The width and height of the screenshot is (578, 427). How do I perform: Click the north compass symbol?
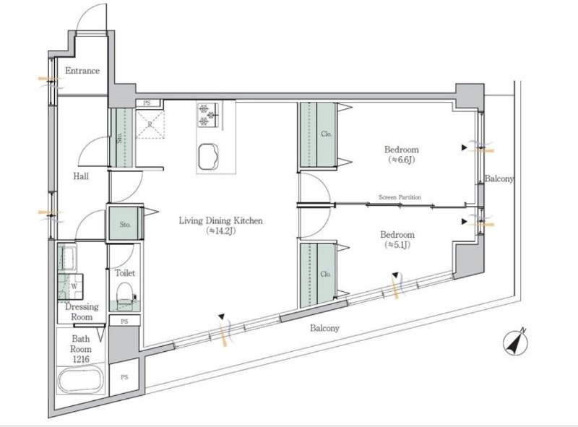point(515,342)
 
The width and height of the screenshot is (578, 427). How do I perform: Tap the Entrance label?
point(82,70)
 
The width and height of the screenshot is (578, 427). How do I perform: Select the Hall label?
point(81,176)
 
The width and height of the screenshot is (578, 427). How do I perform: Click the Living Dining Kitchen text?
point(221,220)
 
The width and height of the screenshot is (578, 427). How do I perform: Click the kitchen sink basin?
point(208,156)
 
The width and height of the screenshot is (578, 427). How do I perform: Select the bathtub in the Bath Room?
point(81,380)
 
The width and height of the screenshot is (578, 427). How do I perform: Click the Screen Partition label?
point(400,197)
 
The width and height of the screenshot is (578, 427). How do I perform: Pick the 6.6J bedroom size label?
point(402,160)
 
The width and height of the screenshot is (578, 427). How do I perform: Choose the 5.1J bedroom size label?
point(397,245)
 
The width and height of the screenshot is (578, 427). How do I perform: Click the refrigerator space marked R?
point(150,124)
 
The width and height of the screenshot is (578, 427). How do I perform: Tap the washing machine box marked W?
point(74,286)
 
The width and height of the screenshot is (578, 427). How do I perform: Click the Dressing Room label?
point(82,311)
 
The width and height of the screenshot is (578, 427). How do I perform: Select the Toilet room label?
point(125,273)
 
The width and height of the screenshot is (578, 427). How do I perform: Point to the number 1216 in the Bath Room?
point(81,359)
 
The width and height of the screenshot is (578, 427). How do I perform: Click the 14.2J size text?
point(221,231)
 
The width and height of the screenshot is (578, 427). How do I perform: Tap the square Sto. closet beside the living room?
point(125,224)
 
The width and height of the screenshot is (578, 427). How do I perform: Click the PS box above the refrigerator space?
point(148,103)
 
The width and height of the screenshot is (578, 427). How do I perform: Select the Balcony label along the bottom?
point(324,328)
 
